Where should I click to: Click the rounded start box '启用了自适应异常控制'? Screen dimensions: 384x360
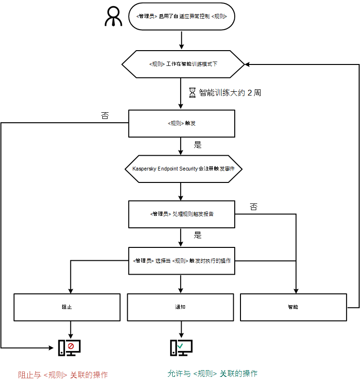pos(182,17)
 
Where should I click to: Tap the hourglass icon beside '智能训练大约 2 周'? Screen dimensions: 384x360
pos(193,93)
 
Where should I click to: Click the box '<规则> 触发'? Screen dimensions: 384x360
pos(182,123)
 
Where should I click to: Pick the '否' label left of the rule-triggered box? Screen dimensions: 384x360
pos(105,116)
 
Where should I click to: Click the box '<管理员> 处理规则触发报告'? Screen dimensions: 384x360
pos(182,214)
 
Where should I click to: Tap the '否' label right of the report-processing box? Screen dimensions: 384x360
pos(253,207)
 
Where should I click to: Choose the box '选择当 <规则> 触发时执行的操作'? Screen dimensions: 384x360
pos(182,261)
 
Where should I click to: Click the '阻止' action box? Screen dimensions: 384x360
pos(67,307)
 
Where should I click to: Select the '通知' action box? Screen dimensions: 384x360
pos(180,307)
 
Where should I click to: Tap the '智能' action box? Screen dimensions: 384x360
pos(293,307)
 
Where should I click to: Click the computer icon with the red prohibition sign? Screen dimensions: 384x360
pos(69,347)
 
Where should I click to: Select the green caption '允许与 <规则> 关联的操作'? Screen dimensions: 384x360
pos(213,373)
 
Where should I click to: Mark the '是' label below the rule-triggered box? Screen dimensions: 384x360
pos(197,144)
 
